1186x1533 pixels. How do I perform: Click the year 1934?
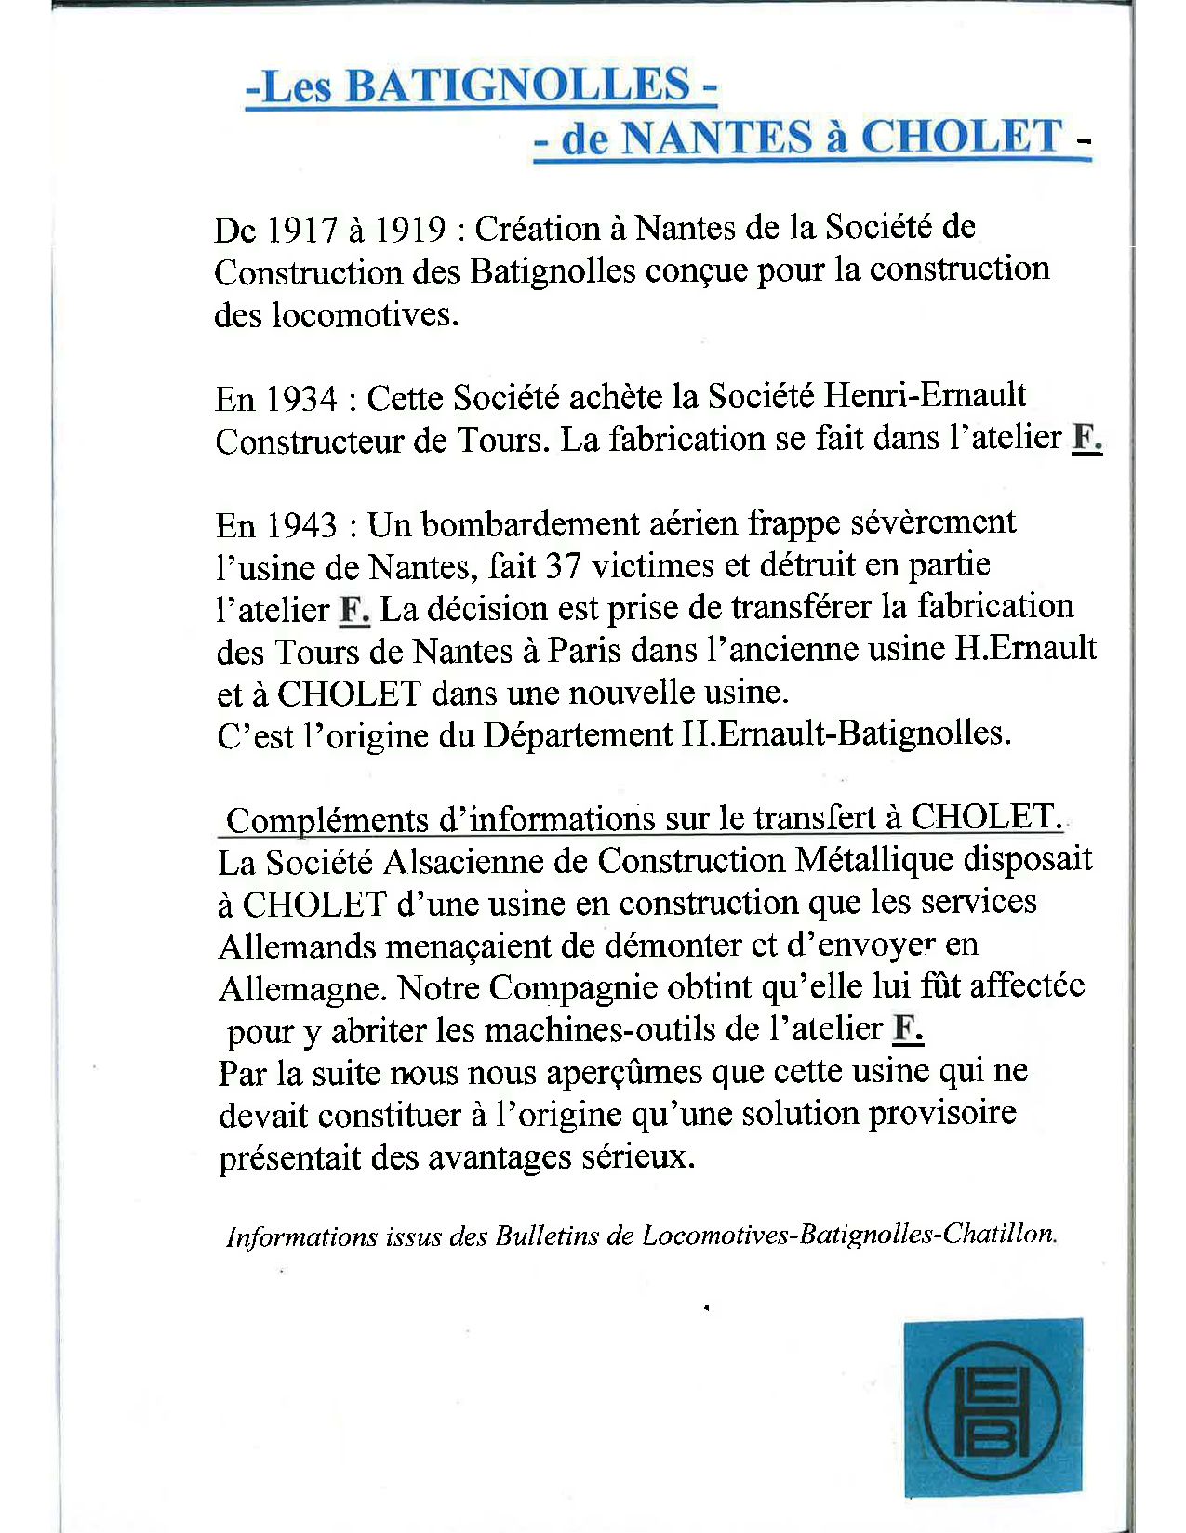pos(301,399)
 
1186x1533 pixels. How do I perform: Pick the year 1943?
pos(301,525)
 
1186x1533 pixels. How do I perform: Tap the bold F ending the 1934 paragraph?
pos(1086,437)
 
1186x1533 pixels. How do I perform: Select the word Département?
pos(577,734)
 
